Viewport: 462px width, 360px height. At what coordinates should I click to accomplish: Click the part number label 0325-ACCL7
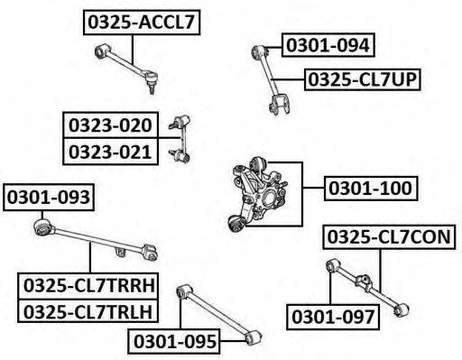tap(142, 23)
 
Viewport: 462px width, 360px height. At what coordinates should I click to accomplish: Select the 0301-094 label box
tap(328, 45)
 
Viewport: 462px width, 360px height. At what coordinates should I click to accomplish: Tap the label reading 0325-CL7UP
tap(363, 79)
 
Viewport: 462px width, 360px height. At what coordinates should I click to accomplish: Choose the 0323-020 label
tap(110, 125)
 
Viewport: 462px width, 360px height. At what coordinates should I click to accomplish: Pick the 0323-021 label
tap(110, 152)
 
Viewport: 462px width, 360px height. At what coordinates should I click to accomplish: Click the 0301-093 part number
tap(49, 198)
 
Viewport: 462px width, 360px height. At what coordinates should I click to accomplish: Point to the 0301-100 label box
tap(371, 189)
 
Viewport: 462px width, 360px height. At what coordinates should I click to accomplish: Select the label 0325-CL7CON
tap(389, 237)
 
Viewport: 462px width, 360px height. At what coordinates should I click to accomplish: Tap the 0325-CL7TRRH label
tap(88, 286)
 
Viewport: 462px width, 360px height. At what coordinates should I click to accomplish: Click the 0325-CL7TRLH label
tap(88, 311)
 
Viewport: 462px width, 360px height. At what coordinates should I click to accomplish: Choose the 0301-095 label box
tap(174, 341)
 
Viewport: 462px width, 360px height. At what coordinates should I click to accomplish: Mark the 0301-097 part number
tap(333, 317)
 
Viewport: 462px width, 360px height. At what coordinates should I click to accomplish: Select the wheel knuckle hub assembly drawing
tap(259, 194)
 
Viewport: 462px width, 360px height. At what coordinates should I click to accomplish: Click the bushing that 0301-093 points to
tap(42, 227)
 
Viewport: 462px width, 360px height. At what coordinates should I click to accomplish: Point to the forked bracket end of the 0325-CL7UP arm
tap(280, 105)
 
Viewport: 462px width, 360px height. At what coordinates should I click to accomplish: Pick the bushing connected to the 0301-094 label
tap(258, 51)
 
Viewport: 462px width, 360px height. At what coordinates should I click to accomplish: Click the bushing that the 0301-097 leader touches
tap(332, 265)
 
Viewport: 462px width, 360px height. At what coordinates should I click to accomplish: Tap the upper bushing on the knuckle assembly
tap(258, 164)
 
